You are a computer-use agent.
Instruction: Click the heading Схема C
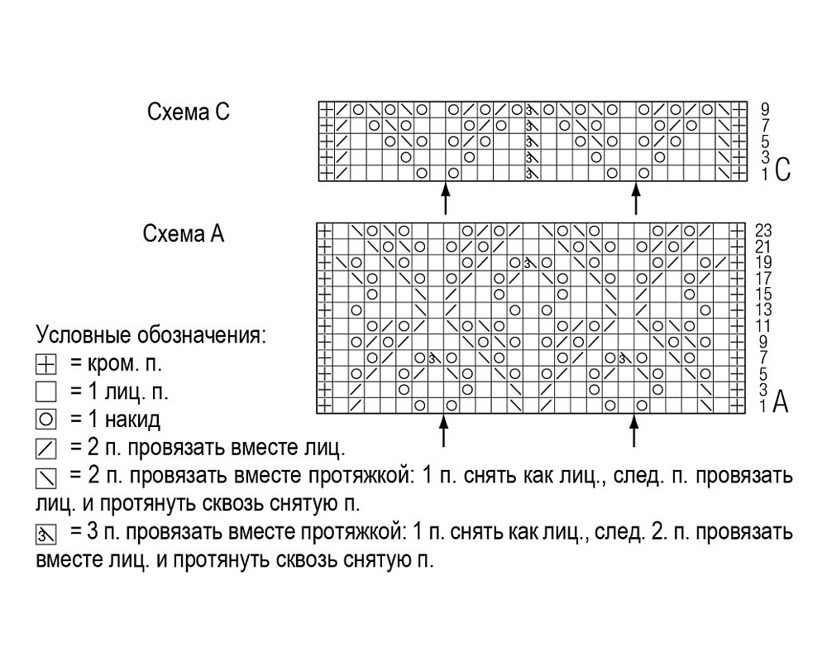(189, 112)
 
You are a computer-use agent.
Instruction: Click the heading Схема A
(184, 233)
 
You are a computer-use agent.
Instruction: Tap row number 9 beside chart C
(765, 109)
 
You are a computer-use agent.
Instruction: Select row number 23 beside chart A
(763, 231)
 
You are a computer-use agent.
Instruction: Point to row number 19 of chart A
(763, 262)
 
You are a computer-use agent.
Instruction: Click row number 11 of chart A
(763, 326)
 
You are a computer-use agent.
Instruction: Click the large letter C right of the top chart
(782, 170)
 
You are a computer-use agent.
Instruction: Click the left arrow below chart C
(446, 199)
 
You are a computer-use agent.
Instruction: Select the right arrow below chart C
(636, 199)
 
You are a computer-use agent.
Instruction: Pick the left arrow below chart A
(443, 430)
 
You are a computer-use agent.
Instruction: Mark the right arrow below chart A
(634, 430)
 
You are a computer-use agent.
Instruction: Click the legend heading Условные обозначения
(151, 334)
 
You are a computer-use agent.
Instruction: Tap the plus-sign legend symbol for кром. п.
(45, 364)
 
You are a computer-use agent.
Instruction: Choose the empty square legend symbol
(45, 392)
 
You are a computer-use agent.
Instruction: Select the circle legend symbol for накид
(45, 420)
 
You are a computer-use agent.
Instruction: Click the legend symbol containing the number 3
(45, 534)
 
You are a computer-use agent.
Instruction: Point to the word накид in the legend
(132, 420)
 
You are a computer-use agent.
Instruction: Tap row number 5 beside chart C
(765, 141)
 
